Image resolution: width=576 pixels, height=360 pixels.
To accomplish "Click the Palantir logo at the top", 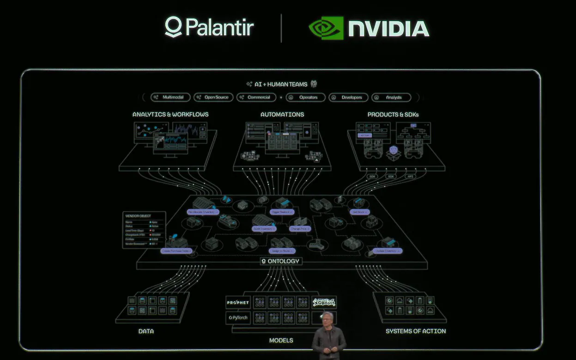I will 209,27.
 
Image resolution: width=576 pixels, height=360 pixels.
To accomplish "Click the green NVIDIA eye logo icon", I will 326,28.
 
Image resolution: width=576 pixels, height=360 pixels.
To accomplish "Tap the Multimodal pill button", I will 170,98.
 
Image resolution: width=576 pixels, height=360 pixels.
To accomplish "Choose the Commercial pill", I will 256,98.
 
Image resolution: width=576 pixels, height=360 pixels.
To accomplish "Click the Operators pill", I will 305,98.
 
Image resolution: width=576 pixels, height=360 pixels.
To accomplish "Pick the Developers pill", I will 348,98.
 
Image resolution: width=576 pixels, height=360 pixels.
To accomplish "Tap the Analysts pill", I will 390,98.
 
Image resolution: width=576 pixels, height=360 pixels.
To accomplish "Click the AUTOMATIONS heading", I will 282,114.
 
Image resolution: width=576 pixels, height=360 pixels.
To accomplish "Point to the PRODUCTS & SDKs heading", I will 393,114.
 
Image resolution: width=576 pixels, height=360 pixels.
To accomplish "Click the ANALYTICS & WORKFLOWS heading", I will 170,114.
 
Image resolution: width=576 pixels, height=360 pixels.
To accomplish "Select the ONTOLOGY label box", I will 281,261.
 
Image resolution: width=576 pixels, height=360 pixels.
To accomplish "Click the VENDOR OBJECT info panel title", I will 138,216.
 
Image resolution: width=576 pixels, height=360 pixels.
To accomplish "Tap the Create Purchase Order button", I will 176,251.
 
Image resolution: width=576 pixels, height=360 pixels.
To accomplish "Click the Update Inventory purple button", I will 387,251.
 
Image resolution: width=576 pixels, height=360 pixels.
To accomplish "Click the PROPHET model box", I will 238,303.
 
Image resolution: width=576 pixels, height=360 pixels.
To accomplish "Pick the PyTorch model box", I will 238,317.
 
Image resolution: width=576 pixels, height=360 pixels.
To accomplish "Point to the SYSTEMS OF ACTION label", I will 416,331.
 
